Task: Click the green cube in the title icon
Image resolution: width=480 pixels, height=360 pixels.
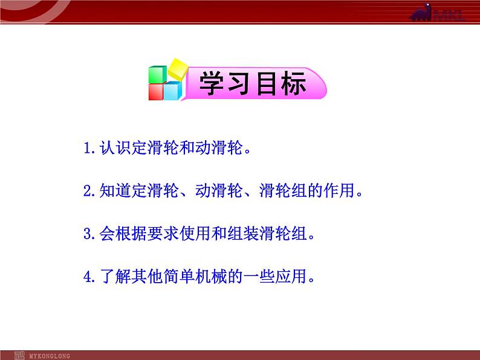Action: [x=158, y=75]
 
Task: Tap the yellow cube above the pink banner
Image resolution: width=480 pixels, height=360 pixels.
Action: [x=178, y=69]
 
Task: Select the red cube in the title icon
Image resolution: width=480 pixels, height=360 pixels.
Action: [x=156, y=92]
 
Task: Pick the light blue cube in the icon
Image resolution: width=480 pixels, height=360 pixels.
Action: [x=173, y=91]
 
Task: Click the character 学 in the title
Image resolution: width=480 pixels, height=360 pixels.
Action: [x=212, y=83]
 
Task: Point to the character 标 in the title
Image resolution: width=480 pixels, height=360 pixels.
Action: [x=294, y=83]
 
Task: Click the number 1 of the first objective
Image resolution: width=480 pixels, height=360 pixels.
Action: [x=88, y=148]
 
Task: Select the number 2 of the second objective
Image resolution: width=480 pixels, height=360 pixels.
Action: [x=88, y=191]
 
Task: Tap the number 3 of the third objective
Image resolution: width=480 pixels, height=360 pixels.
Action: [x=88, y=234]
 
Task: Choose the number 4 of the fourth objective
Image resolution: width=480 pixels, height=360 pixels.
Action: [x=88, y=277]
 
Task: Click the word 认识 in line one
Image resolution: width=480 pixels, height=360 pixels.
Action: [x=115, y=148]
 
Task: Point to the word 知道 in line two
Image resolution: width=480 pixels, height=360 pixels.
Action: [x=115, y=190]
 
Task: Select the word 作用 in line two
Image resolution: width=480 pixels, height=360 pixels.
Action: [x=339, y=190]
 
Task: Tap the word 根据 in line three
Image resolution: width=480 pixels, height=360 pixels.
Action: [x=131, y=233]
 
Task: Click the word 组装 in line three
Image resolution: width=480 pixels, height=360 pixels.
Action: [x=243, y=233]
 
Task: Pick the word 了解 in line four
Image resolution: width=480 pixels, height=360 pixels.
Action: [x=115, y=276]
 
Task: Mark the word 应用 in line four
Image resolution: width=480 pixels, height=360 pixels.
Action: [x=291, y=276]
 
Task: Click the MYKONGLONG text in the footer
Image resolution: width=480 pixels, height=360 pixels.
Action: [x=50, y=356]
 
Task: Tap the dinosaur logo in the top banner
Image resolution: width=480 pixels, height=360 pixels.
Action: [x=421, y=13]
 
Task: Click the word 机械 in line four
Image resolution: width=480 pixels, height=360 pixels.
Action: [x=211, y=276]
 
